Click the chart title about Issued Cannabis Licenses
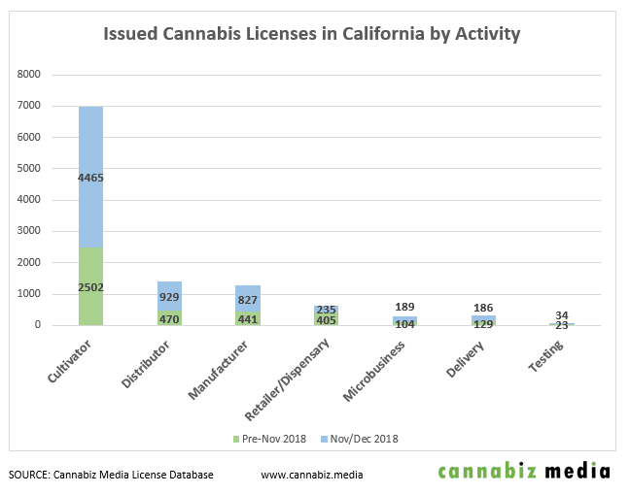coord(312,35)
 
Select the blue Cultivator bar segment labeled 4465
coord(98,146)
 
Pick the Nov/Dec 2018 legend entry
coord(360,439)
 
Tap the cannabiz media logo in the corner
coord(524,473)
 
